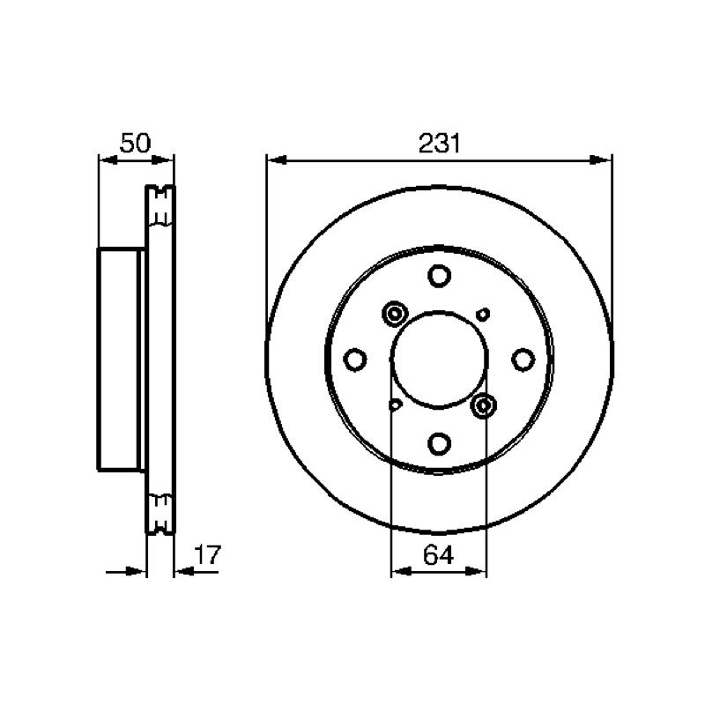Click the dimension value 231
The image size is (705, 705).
(x=439, y=144)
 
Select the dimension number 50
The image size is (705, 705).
(x=135, y=143)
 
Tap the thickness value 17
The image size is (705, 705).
(x=208, y=555)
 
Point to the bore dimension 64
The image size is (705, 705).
(x=438, y=555)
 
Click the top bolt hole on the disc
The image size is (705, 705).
(x=439, y=276)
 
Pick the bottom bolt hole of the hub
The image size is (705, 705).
(x=439, y=443)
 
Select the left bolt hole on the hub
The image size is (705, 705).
(x=355, y=360)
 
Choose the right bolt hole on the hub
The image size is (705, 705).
(x=523, y=360)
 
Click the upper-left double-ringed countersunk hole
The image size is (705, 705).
(x=395, y=314)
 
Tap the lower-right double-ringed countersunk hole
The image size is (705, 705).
(x=484, y=405)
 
